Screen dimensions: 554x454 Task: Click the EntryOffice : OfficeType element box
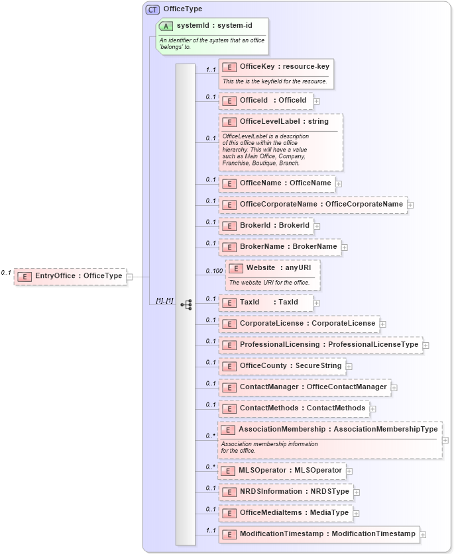(70, 276)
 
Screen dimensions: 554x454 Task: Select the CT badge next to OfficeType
(152, 9)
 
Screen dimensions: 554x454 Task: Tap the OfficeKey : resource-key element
(276, 66)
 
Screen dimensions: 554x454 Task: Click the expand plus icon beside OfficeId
(317, 101)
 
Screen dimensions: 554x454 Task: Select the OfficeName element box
(276, 183)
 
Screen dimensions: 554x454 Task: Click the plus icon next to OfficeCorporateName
(410, 205)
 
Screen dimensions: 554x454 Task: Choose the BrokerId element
(266, 226)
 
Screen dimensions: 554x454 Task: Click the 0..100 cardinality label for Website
(213, 271)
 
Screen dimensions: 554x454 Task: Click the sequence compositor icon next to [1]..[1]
(186, 304)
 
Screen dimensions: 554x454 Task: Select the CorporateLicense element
(299, 324)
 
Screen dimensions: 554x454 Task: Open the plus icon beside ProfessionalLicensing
(426, 346)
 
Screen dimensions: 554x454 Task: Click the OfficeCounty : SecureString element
(282, 366)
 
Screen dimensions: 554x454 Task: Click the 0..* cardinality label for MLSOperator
(210, 467)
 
